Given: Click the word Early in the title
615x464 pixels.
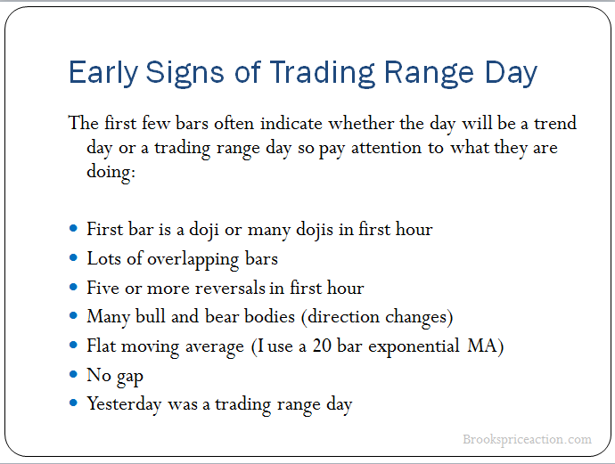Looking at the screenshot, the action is point(102,73).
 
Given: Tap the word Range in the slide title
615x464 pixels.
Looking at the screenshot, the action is point(429,73).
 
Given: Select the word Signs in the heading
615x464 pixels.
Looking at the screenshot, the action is point(184,73).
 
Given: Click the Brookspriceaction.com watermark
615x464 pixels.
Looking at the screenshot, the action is point(527,439).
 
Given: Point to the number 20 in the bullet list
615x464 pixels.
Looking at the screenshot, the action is point(322,346).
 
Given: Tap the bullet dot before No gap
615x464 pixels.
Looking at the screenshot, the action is point(73,374).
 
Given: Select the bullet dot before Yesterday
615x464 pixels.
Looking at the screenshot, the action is point(73,403).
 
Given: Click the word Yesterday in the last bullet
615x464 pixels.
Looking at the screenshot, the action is point(124,405).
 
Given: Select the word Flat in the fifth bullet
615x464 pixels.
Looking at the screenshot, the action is point(102,346).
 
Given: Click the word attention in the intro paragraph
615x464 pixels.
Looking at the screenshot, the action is point(386,148).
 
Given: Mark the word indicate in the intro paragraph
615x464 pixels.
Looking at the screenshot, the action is point(291,124).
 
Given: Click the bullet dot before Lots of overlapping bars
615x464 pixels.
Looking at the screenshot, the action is point(73,258).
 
